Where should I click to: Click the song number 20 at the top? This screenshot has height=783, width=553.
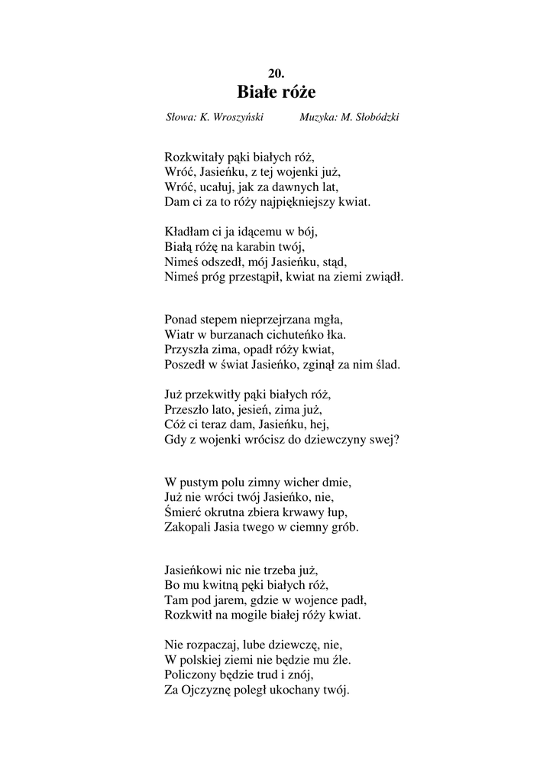(x=276, y=73)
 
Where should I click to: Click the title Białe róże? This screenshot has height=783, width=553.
(x=276, y=93)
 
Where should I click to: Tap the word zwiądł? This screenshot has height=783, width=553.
(x=385, y=277)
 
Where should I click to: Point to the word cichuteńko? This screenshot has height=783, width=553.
(x=294, y=335)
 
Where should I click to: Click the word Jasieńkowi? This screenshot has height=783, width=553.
(x=194, y=570)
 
